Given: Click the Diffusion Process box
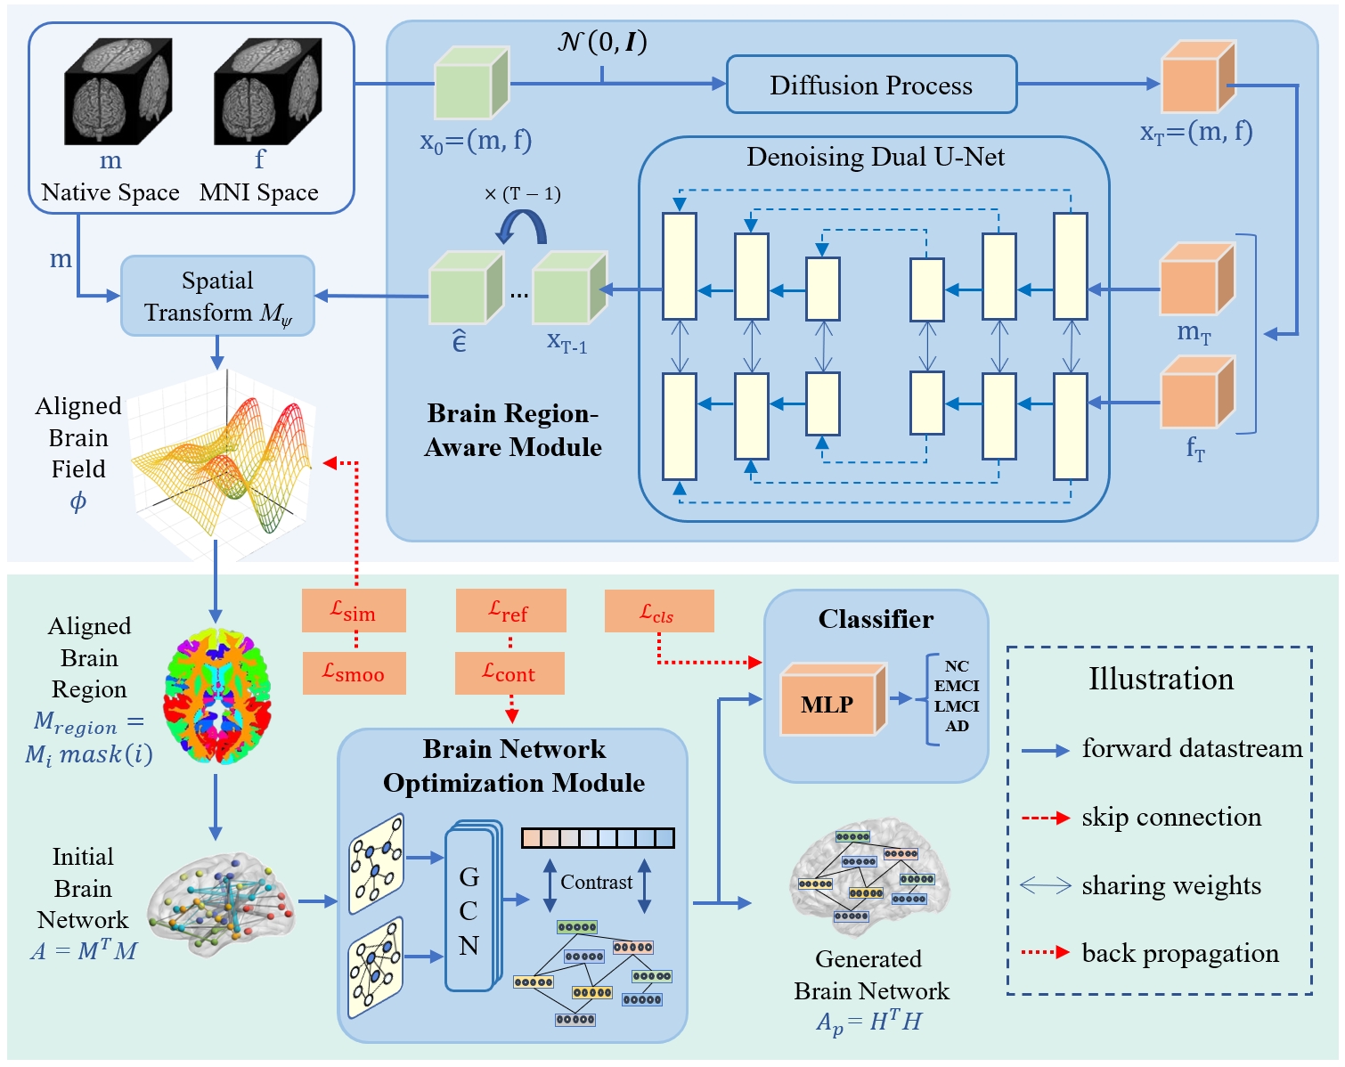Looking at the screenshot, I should pos(871,85).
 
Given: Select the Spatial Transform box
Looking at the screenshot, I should pos(217,296).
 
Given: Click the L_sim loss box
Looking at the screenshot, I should pos(354,610).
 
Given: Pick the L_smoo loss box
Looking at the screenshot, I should pos(354,673).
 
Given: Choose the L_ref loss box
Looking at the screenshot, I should pos(510,610).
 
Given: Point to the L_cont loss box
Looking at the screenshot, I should pos(509,672).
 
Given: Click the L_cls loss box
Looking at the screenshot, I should pos(658,611).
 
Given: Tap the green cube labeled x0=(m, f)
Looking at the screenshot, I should pos(470,84).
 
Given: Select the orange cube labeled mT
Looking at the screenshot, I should pos(1196,280).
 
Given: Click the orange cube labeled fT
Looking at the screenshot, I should pos(1196,394).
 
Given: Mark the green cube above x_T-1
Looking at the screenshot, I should pos(568,289).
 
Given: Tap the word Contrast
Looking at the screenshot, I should pos(597,882).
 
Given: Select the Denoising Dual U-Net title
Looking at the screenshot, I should pos(875,158).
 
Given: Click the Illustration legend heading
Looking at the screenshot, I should pos(1160,679).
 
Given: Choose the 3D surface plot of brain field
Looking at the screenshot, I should pos(223,463).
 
